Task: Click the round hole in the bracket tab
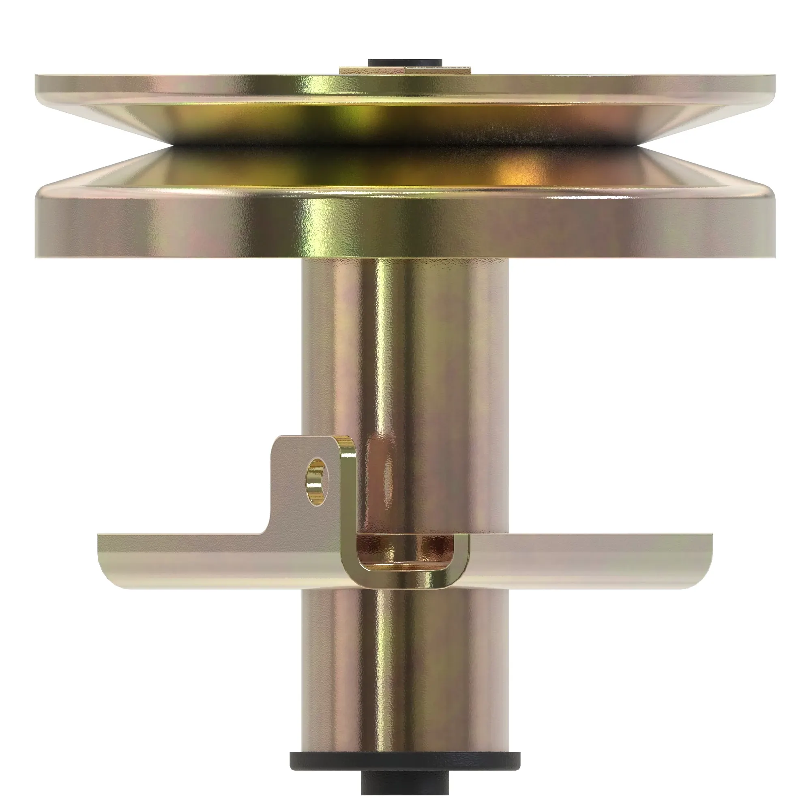[318, 481]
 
